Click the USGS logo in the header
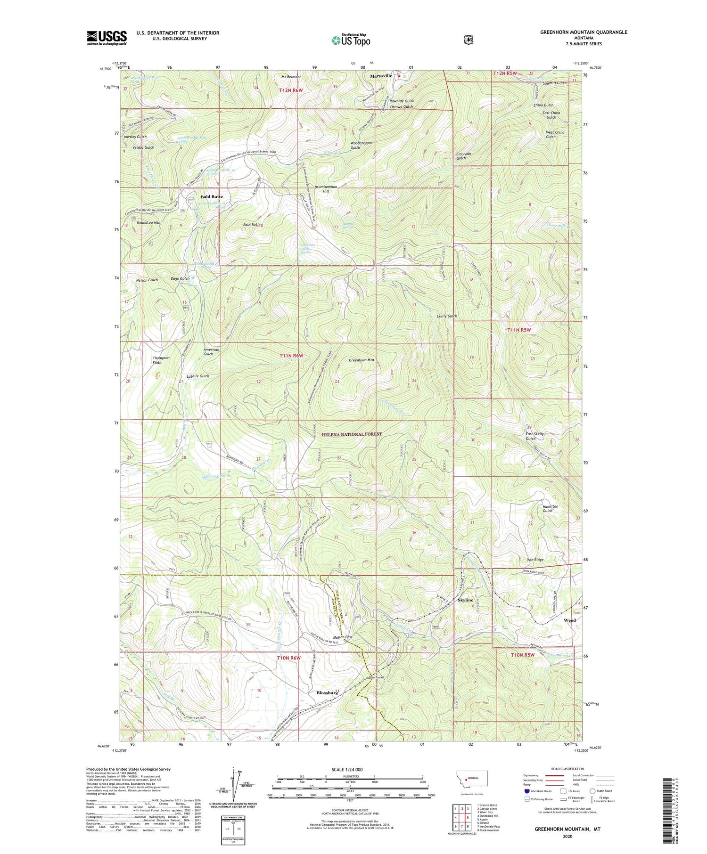coord(107,37)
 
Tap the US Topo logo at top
coord(351,40)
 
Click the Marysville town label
coord(381,76)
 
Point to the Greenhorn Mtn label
coord(361,360)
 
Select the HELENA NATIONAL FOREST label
coord(352,434)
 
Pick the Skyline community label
coord(465,600)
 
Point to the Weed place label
coord(569,620)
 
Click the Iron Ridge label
coord(535,560)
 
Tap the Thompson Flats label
coord(161,360)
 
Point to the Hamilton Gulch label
coord(550,508)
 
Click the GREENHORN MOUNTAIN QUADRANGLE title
coord(584,32)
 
